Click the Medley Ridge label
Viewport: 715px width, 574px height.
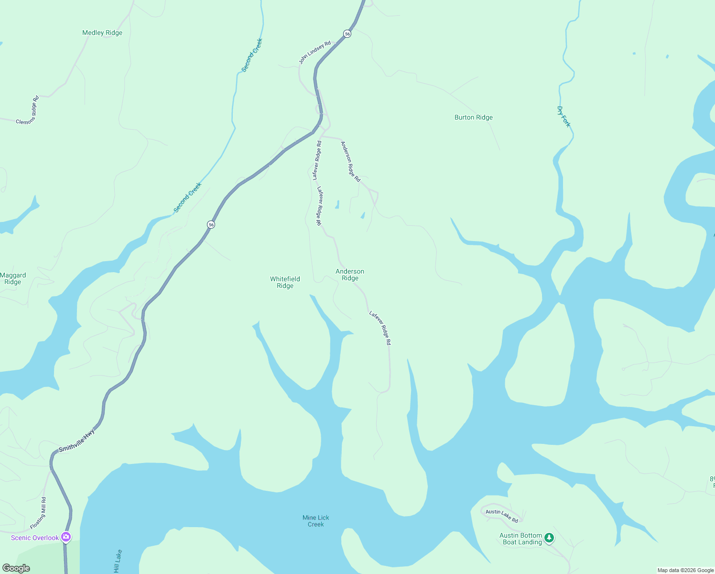102,33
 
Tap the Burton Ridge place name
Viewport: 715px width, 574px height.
473,118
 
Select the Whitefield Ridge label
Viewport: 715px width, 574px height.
285,282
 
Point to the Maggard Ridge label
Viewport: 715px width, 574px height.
13,278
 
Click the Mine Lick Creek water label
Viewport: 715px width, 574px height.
315,521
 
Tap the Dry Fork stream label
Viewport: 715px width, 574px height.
564,117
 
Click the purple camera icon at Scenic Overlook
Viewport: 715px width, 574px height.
66,537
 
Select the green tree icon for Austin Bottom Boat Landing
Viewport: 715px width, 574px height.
549,538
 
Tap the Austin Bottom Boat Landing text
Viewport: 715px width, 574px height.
520,539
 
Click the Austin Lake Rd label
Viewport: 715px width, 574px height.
502,516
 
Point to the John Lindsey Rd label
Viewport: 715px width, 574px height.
314,53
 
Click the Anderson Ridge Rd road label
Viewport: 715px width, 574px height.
350,161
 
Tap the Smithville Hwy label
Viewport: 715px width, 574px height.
76,441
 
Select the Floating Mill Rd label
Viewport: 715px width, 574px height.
38,513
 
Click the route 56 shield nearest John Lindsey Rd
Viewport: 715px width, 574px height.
347,33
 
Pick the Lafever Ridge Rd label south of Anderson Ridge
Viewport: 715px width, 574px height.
380,328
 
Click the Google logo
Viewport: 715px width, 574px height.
16,568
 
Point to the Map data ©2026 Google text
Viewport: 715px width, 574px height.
685,570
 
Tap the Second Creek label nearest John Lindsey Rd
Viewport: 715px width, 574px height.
252,55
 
